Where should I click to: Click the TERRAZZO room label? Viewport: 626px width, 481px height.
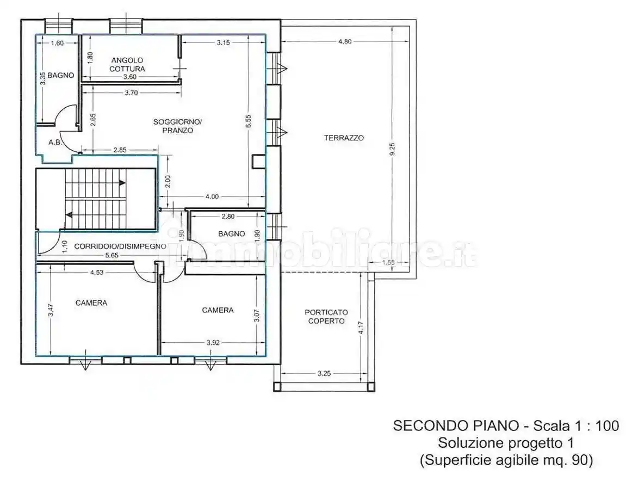click(344, 138)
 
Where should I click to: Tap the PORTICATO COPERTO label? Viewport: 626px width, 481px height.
click(326, 317)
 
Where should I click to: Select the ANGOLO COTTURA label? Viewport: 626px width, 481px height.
click(127, 64)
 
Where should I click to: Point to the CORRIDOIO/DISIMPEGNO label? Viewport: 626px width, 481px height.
click(120, 246)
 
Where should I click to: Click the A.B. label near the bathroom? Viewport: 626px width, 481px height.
click(54, 143)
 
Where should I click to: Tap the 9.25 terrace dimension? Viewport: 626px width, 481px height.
click(392, 150)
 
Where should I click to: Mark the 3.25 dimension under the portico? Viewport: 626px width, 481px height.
click(324, 374)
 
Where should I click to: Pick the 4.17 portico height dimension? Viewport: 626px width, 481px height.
click(361, 329)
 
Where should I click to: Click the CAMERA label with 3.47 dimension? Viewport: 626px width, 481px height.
click(91, 303)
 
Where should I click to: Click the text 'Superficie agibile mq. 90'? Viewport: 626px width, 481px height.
click(506, 460)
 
